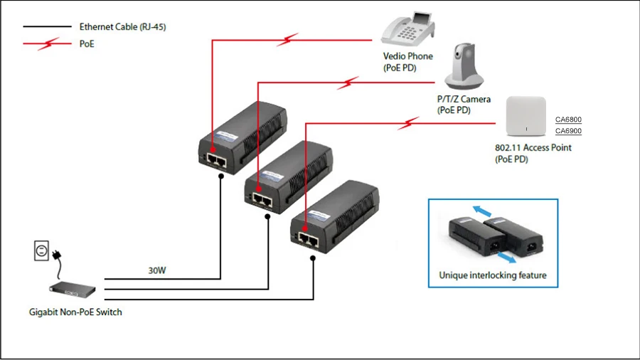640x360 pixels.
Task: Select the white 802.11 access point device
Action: pos(526,117)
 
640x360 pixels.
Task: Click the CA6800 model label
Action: pos(568,120)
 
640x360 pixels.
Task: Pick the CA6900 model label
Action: pos(568,131)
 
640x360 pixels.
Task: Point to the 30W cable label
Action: pos(157,270)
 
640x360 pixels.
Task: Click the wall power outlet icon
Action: pos(41,250)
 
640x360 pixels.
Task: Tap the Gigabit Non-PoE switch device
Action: pos(73,289)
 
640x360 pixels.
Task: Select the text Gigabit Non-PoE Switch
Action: pos(75,312)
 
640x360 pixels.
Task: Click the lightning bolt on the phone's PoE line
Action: pos(288,40)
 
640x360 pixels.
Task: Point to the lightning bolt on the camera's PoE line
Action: pos(348,83)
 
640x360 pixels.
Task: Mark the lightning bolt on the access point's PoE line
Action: pos(408,123)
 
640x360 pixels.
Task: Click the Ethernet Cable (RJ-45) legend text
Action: pos(122,27)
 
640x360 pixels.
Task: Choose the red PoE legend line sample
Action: pos(47,43)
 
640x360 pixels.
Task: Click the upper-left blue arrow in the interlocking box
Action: pos(482,211)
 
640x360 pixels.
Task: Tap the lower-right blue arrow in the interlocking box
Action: pos(507,258)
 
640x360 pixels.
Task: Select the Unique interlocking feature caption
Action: pos(493,275)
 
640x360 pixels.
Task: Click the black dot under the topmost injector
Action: pos(221,176)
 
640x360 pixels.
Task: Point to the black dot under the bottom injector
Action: pos(313,258)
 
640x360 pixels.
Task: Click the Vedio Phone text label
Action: pos(407,56)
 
